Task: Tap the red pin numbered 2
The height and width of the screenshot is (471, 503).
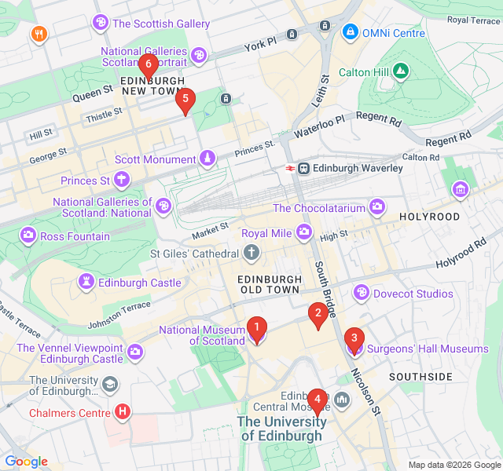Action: tap(318, 315)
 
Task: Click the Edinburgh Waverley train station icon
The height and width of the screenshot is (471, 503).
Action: tap(303, 168)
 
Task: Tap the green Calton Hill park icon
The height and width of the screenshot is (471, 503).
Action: tap(402, 72)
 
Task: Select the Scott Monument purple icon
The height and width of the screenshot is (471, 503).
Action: tap(207, 159)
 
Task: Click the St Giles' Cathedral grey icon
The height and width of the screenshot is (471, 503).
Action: tap(251, 254)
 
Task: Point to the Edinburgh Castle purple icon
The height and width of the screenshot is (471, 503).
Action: tap(85, 282)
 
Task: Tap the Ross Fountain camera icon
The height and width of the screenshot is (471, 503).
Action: tap(28, 235)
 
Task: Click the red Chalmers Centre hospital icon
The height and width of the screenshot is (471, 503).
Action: tap(123, 411)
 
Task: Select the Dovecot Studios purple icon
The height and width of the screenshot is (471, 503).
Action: tap(362, 293)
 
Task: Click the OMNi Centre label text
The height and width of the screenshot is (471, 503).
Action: tap(394, 34)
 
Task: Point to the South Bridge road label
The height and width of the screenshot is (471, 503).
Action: tap(325, 287)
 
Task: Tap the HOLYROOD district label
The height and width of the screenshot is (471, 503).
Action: tap(429, 216)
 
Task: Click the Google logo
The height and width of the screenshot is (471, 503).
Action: tap(26, 461)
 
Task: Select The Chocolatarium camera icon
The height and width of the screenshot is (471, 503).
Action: tap(378, 207)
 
